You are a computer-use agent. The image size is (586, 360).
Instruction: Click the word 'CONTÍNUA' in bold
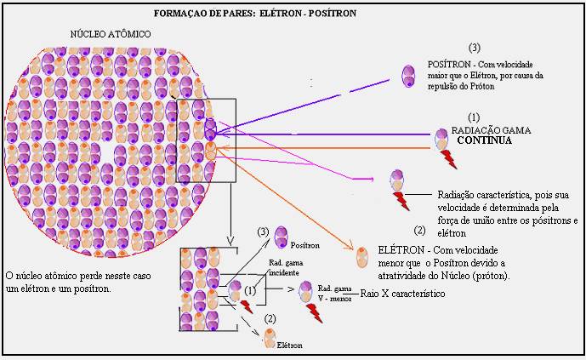[484, 140]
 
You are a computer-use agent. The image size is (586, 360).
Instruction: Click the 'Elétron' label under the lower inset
[289, 346]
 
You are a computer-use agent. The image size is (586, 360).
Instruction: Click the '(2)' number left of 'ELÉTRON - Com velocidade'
[419, 230]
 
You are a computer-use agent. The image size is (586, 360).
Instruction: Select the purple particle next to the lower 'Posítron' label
[282, 237]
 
